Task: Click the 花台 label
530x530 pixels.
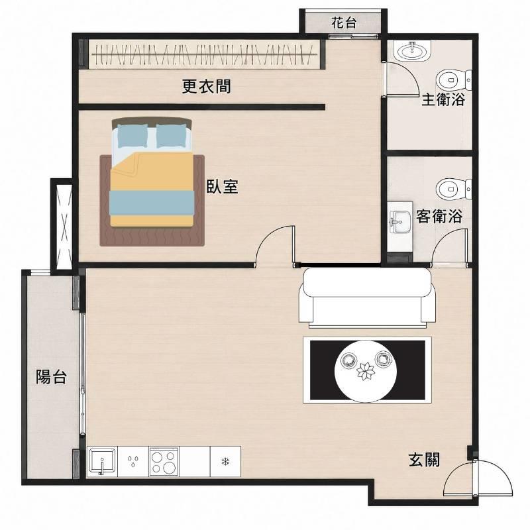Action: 344,23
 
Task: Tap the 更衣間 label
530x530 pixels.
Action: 207,86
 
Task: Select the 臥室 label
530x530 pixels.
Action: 223,186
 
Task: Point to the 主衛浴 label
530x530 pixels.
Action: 443,99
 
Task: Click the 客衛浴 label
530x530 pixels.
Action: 439,216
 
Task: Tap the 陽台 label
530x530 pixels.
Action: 52,376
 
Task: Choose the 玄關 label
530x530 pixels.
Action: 424,459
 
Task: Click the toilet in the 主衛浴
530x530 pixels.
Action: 454,80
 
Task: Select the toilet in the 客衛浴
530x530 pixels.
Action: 454,189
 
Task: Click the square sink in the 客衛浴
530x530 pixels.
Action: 399,222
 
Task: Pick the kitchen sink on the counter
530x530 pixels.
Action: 102,460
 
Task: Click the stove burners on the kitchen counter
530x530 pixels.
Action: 164,461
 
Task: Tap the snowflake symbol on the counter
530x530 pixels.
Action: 225,461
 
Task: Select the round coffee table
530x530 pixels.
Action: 366,371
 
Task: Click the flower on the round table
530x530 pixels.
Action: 366,370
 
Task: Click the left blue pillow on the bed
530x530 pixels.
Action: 132,136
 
